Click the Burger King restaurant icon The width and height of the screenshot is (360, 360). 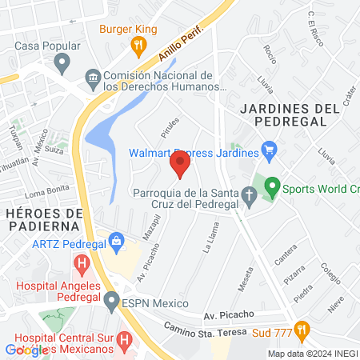[138, 47]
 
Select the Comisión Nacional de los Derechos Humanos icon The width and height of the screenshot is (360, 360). [92, 78]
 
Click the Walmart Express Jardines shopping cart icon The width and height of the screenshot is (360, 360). [269, 150]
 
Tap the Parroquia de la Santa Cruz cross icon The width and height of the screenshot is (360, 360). [249, 194]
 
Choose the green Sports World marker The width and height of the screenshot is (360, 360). [272, 188]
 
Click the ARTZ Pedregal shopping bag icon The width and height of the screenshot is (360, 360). [117, 240]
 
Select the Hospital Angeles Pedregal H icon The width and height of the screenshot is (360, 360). [81, 262]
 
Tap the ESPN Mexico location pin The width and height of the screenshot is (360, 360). [111, 301]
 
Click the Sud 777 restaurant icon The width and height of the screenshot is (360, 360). [301, 328]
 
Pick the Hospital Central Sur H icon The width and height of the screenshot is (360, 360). [124, 340]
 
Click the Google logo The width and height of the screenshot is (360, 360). [27, 350]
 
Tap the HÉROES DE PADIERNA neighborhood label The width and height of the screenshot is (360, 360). [44, 220]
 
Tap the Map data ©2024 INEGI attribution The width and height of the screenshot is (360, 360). [312, 354]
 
